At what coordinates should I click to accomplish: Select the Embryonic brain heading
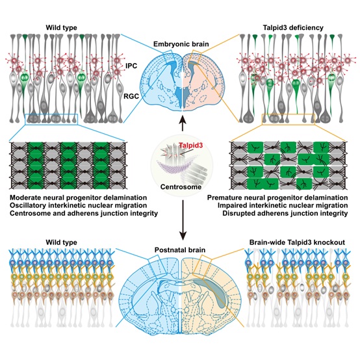coord(180,43)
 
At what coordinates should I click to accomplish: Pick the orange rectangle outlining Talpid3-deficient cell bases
coord(289,118)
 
